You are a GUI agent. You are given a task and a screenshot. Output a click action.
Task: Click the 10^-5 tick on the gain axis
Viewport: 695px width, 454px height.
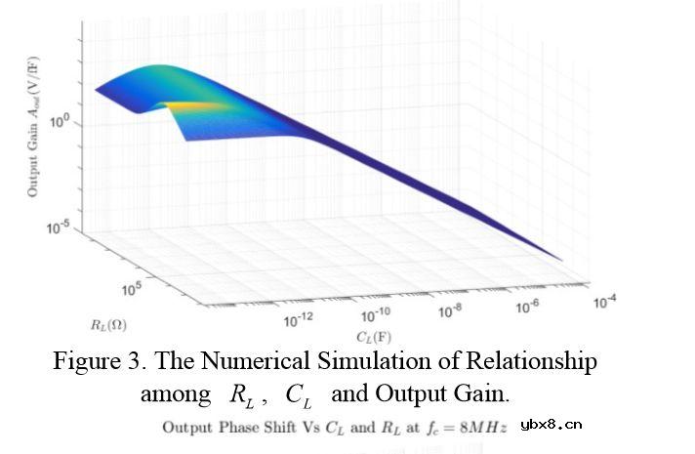click(x=59, y=227)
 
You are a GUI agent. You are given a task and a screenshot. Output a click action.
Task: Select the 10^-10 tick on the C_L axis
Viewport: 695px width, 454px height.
click(x=376, y=315)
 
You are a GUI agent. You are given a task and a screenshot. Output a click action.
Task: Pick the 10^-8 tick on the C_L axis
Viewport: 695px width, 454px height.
click(x=450, y=310)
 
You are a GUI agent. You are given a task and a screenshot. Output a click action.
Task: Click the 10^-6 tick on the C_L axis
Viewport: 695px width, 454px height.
click(x=528, y=306)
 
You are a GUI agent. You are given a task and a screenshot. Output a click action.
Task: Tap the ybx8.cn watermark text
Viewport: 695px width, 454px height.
click(x=552, y=425)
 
